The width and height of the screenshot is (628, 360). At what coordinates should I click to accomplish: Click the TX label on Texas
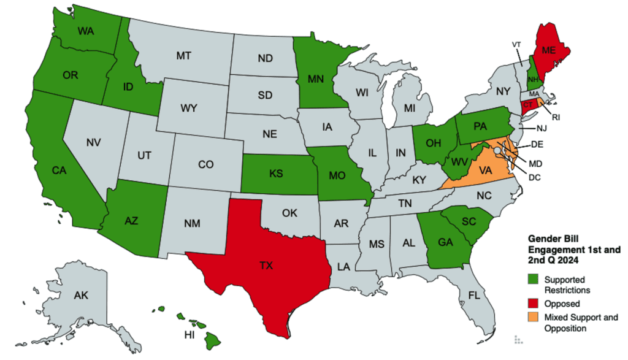coord(266,266)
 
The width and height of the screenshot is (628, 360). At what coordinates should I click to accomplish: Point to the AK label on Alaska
coord(81,296)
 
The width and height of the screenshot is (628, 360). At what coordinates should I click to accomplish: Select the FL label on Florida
coord(473,295)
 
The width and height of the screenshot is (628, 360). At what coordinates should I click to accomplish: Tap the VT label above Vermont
coord(516,44)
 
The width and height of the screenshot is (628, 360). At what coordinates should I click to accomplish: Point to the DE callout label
coord(537,145)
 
